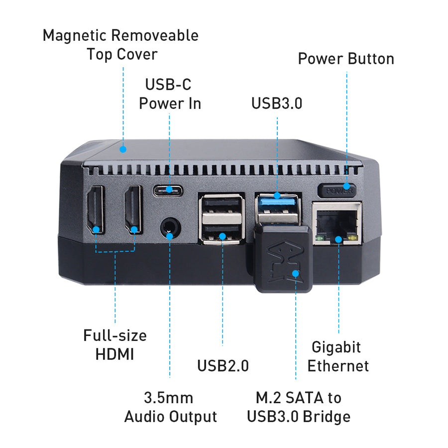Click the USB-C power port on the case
(168, 191)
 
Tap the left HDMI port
(96, 209)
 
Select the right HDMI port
(133, 209)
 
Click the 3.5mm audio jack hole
(170, 227)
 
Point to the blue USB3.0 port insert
(277, 202)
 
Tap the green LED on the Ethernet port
(320, 238)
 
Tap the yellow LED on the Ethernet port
(353, 238)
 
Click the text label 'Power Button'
(346, 59)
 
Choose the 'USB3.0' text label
(277, 103)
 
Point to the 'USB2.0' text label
(223, 365)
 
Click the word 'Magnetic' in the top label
(75, 36)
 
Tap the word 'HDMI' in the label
(114, 354)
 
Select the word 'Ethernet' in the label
(338, 366)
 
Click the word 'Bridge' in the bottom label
(327, 417)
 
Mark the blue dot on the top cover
(123, 149)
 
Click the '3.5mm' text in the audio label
(169, 398)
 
